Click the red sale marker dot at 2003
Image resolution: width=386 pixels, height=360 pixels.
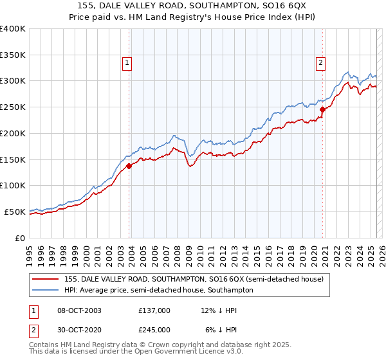129,166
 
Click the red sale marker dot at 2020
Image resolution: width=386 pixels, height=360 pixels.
322,110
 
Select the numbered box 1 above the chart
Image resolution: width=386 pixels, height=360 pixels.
127,63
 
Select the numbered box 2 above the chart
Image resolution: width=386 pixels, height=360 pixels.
320,63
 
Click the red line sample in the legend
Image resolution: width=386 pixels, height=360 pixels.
45,279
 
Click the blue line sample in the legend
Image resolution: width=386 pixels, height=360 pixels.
45,290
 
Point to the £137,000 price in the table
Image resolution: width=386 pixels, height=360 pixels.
154,310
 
